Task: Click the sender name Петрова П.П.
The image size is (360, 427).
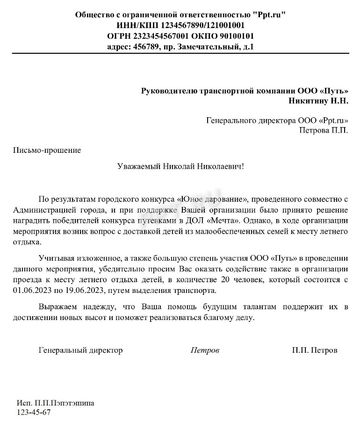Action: pos(324,130)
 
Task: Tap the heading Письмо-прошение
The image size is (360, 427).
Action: pos(47,150)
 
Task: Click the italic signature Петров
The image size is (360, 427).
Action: pos(205,350)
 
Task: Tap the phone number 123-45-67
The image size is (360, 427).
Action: pos(34,413)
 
